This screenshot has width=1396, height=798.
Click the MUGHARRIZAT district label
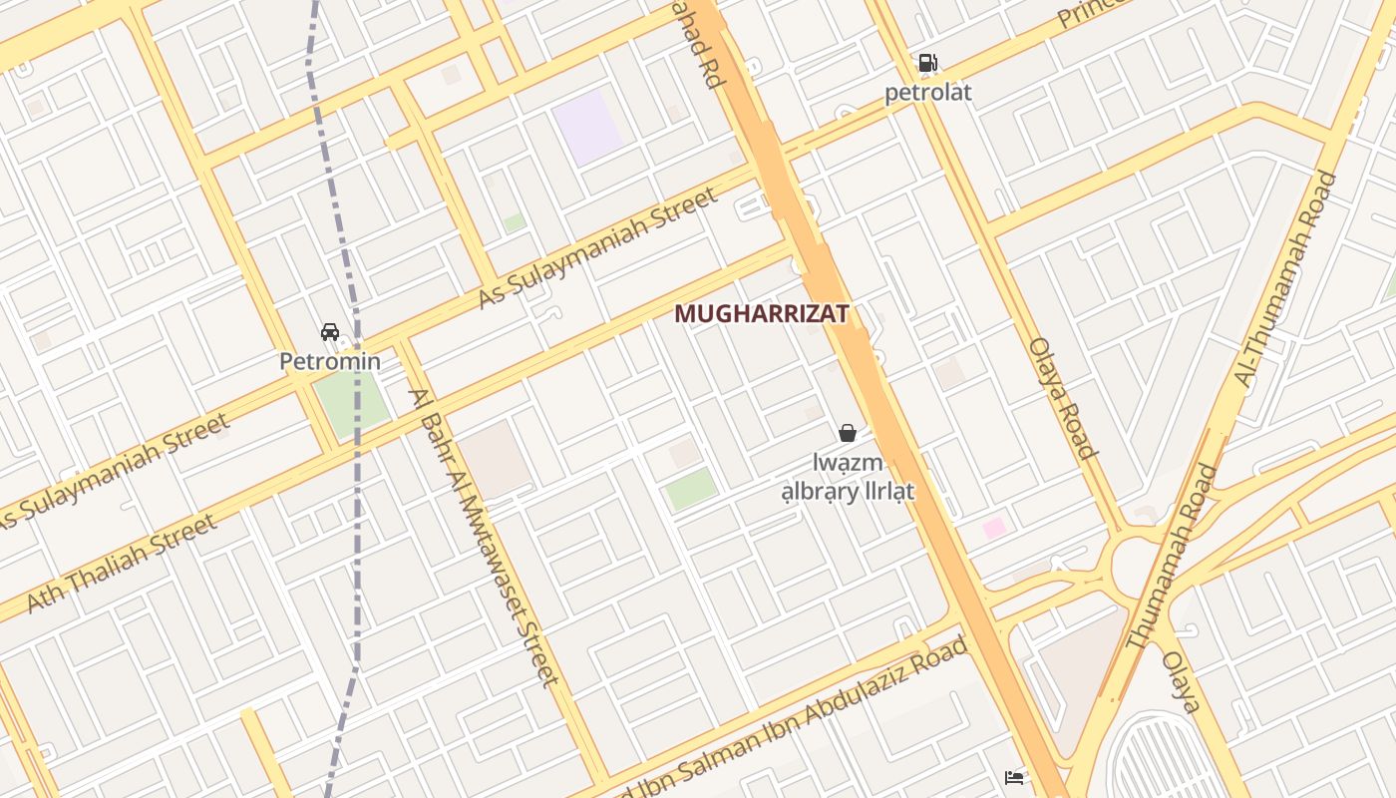pos(762,313)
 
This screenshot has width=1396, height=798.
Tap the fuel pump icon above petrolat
pos(927,63)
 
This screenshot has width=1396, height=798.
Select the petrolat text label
pos(927,93)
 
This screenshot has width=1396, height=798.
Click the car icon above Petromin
pos(330,331)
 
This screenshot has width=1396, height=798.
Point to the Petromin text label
pos(330,361)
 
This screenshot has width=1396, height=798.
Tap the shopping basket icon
pos(848,432)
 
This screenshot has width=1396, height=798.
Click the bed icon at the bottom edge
pos(1014,777)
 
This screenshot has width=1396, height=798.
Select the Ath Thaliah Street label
pos(122,564)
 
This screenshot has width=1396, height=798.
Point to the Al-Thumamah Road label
pos(1285,279)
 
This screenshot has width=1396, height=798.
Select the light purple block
pos(588,126)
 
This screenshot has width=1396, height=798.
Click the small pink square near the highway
pos(994,528)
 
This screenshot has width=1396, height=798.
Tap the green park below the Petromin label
pos(352,405)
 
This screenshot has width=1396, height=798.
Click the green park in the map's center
pos(691,489)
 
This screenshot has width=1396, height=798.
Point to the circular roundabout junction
pos(1136,568)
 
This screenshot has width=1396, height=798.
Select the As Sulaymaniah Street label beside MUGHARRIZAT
pos(597,247)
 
